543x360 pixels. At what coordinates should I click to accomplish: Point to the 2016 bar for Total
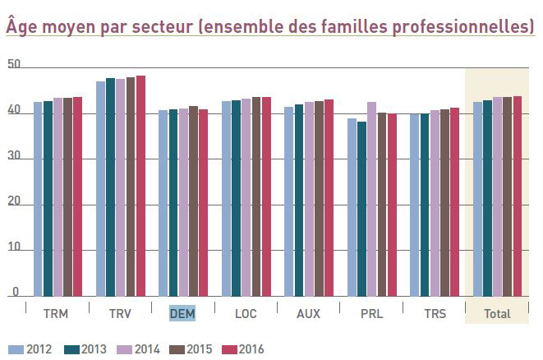click(x=518, y=196)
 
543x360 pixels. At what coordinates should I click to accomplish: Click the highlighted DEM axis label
click(x=181, y=313)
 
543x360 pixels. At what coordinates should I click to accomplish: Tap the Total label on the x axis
click(x=497, y=313)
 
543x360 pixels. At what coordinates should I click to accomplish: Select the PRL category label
click(x=371, y=313)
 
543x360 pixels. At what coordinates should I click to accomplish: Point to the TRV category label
click(x=120, y=313)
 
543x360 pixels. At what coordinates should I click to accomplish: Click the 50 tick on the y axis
click(x=12, y=65)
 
